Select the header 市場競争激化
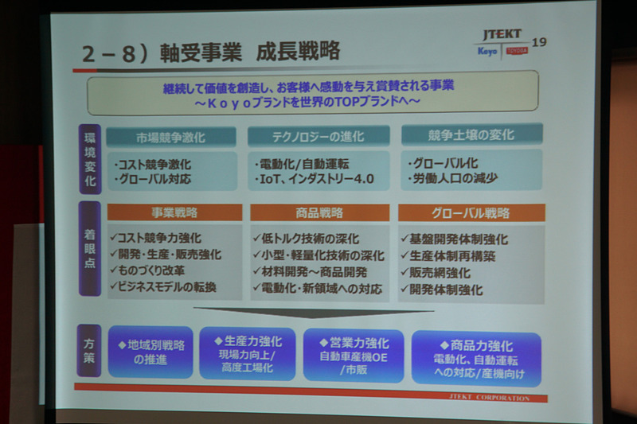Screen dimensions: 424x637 pos(170,136)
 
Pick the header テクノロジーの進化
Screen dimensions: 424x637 pos(318,136)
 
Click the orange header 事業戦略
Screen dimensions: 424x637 pos(174,212)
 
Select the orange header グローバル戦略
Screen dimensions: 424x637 pos(471,212)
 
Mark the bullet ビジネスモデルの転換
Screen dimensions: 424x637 pos(166,286)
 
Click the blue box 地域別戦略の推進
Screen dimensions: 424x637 pos(150,351)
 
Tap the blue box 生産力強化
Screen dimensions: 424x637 pos(246,353)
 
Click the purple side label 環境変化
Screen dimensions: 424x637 pos(89,159)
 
